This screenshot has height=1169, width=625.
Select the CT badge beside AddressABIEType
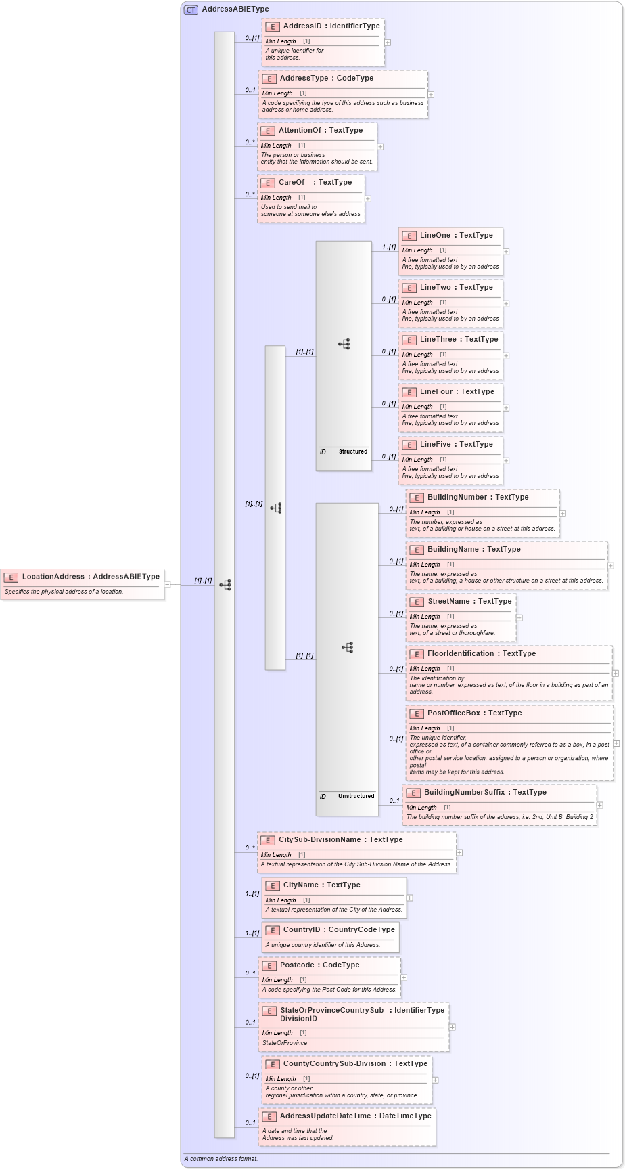pyautogui.click(x=191, y=9)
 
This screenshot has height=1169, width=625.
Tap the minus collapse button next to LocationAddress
pyautogui.click(x=168, y=585)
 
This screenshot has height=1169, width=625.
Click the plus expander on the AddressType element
pyautogui.click(x=431, y=95)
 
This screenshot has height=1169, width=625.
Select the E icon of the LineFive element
pyautogui.click(x=409, y=445)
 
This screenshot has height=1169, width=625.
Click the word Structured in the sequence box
pyautogui.click(x=353, y=451)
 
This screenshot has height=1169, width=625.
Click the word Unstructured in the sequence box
pyautogui.click(x=356, y=796)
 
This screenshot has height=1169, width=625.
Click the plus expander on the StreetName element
pyautogui.click(x=519, y=617)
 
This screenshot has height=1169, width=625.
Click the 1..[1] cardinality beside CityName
pyautogui.click(x=252, y=894)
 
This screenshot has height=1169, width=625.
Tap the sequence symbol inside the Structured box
pyautogui.click(x=344, y=345)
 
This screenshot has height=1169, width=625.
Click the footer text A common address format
pyautogui.click(x=221, y=1159)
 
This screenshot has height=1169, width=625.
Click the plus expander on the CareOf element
pyautogui.click(x=368, y=199)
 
